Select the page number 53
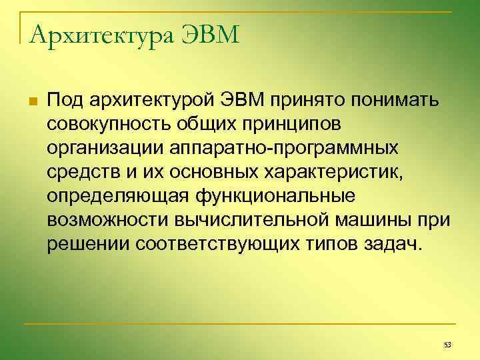tap(447, 344)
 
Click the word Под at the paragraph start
tap(64, 100)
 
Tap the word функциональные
tap(275, 196)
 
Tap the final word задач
tap(393, 244)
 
